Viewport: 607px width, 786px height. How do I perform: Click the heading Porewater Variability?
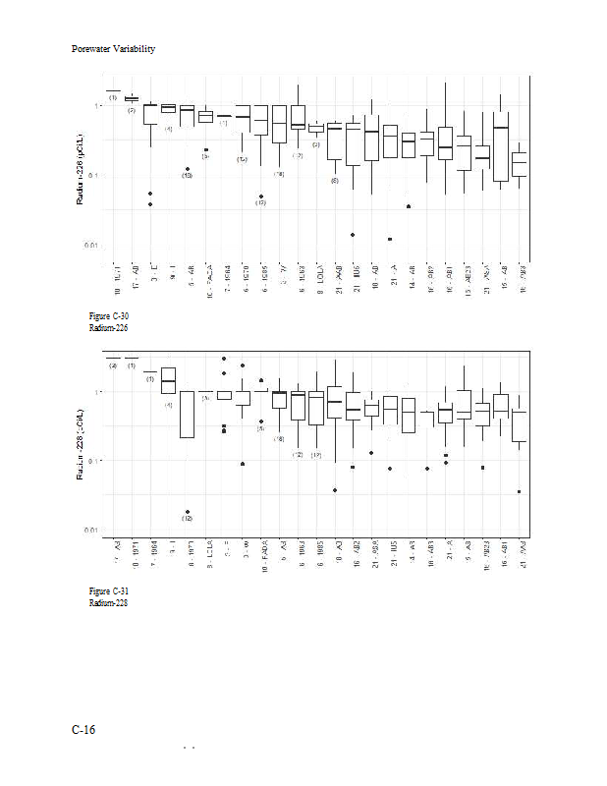(x=114, y=49)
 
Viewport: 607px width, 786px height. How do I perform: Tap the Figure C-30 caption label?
(x=109, y=315)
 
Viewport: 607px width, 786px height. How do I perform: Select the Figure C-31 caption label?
(x=109, y=590)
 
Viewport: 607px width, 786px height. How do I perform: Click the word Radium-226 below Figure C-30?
(x=109, y=327)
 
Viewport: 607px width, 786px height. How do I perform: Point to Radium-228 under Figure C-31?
(x=109, y=602)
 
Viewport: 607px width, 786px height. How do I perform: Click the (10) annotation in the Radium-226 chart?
(x=187, y=176)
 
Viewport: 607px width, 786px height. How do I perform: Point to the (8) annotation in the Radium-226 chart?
(x=335, y=181)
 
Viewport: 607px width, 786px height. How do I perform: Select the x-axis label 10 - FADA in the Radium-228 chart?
(x=264, y=555)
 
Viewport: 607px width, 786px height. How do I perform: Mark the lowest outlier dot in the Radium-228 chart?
(x=187, y=512)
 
